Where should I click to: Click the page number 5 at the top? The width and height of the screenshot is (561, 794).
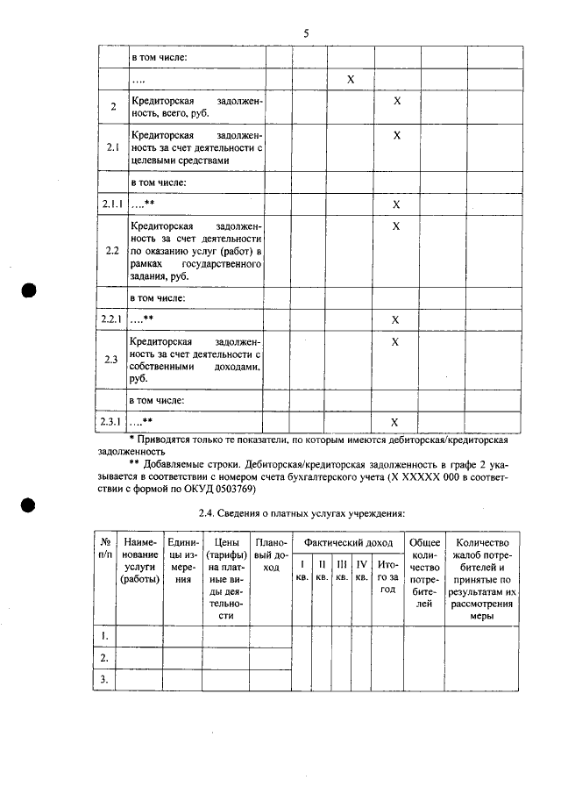(x=306, y=33)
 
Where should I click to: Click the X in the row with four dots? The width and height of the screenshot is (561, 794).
(x=350, y=80)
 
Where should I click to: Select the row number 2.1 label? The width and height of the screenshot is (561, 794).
(x=112, y=148)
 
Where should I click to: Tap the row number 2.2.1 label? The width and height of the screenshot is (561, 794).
(x=112, y=319)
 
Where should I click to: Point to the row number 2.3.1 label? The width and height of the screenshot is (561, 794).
(x=112, y=422)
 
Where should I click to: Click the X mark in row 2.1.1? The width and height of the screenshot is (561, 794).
(x=396, y=204)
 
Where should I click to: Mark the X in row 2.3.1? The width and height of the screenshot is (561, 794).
(x=396, y=422)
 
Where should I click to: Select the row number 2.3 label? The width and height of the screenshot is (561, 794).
(x=112, y=360)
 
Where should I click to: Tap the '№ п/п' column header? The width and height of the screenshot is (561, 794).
(x=104, y=551)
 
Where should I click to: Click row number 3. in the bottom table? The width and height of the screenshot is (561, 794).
(x=104, y=679)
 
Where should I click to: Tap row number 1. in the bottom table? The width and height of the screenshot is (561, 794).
(x=104, y=635)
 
